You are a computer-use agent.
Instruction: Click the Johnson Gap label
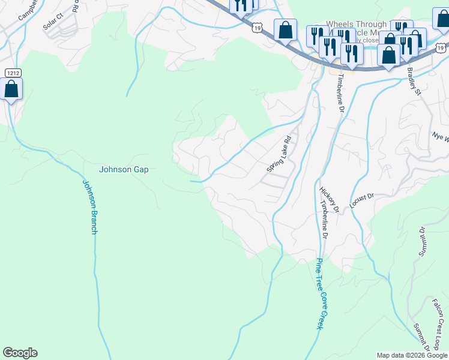tap(123, 169)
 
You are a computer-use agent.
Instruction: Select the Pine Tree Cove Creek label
tap(321, 293)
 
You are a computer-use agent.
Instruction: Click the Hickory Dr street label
tap(330, 199)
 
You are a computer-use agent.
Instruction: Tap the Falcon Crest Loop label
tap(439, 325)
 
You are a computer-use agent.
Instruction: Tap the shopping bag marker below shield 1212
tap(11, 90)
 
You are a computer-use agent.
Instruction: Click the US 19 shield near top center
tap(257, 28)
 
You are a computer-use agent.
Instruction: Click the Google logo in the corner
tap(20, 353)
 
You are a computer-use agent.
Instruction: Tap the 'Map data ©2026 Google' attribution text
tap(412, 355)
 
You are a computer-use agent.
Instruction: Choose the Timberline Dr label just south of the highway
tap(339, 93)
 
